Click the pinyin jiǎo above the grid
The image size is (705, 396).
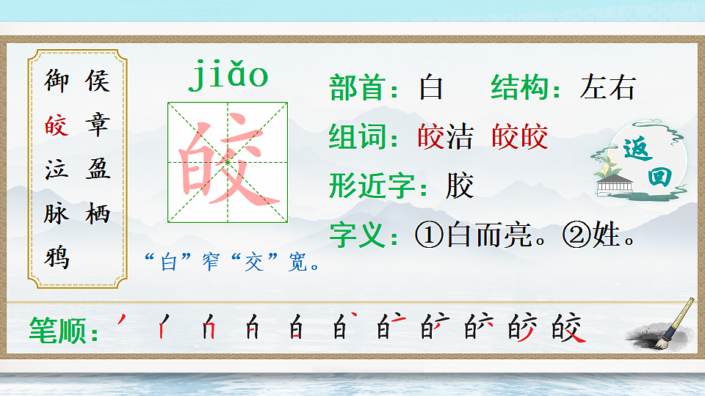(228, 76)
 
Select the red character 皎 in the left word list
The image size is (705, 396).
(57, 125)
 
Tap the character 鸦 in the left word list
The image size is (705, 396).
(57, 257)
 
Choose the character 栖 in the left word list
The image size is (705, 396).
(98, 213)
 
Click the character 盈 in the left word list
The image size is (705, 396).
(98, 169)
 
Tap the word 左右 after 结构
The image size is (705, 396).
(607, 88)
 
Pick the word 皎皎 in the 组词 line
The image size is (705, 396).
(520, 137)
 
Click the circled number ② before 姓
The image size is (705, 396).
(575, 235)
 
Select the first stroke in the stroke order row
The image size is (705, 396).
(122, 320)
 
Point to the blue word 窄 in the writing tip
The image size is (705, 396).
(211, 263)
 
